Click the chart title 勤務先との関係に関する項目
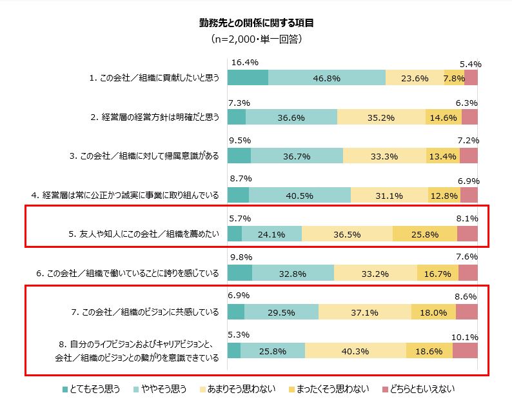pyautogui.click(x=256, y=23)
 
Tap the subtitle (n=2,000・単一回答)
pyautogui.click(x=256, y=39)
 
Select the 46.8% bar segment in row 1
pyautogui.click(x=326, y=78)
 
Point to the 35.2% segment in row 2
pyautogui.click(x=381, y=117)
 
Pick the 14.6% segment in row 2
pyautogui.click(x=444, y=117)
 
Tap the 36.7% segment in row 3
pyautogui.click(x=297, y=156)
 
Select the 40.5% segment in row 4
pyautogui.click(x=299, y=195)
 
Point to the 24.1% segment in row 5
pyautogui.click(x=271, y=234)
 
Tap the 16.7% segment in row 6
pyautogui.click(x=437, y=273)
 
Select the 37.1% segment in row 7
pyautogui.click(x=364, y=312)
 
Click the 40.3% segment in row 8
pyautogui.click(x=355, y=350)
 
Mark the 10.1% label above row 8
pyautogui.click(x=466, y=336)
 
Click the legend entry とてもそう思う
pyautogui.click(x=92, y=389)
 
